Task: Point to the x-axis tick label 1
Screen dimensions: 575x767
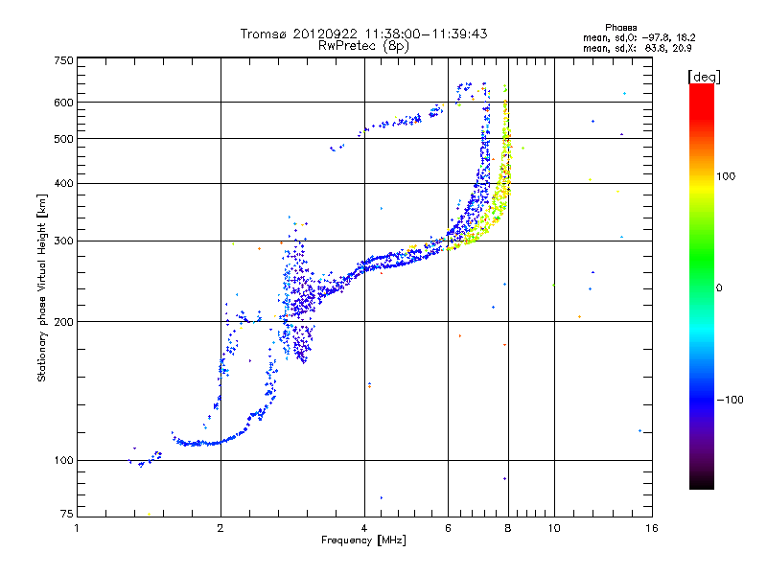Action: coord(78,528)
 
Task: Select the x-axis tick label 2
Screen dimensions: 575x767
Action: coord(221,528)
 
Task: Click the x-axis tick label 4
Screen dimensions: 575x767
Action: coord(364,528)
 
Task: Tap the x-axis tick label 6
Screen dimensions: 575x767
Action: coord(449,528)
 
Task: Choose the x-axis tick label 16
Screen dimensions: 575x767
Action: coord(651,528)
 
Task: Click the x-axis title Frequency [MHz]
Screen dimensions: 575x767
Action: coord(363,541)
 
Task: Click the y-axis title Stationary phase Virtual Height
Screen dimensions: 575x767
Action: coord(42,287)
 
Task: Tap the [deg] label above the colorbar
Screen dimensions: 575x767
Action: coord(704,76)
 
